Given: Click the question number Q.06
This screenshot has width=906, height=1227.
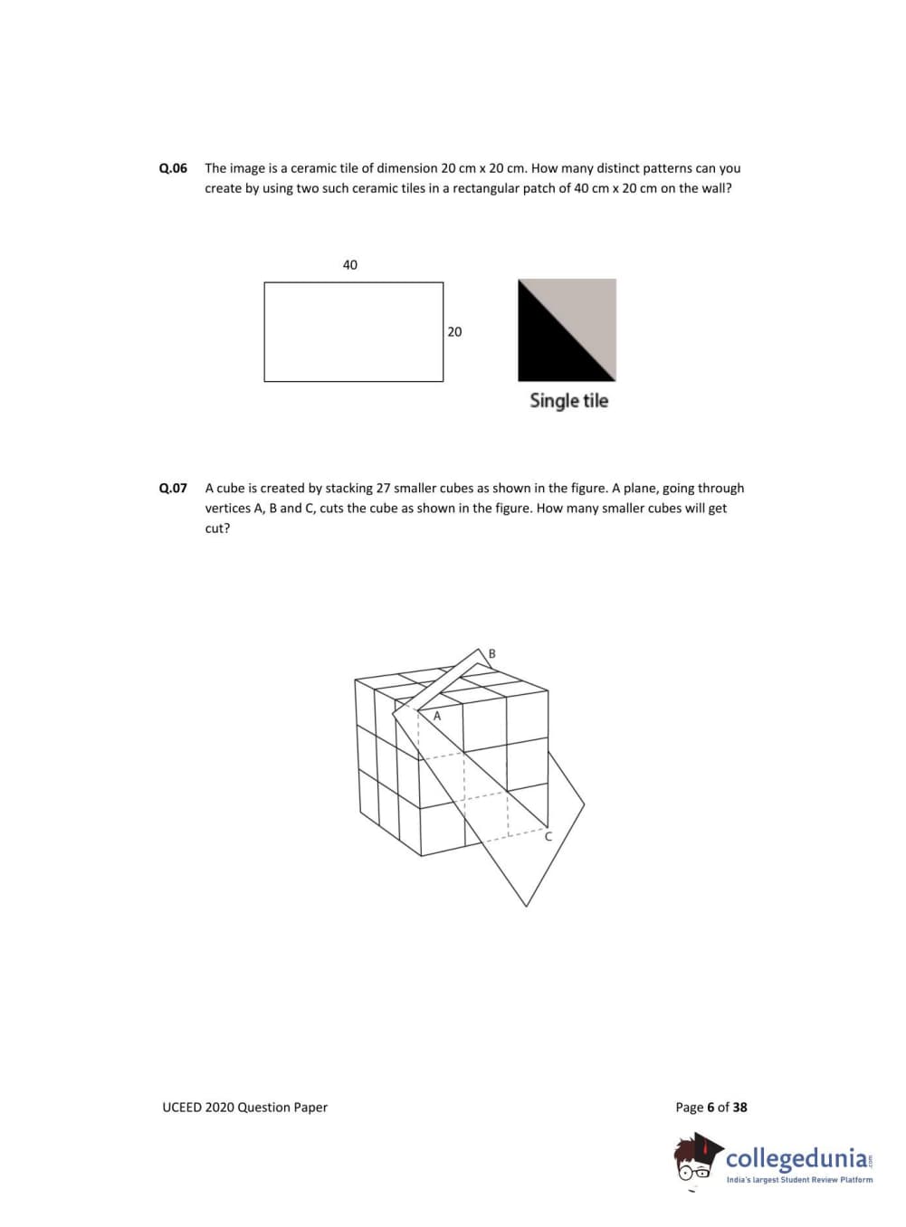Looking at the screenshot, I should click(x=173, y=168).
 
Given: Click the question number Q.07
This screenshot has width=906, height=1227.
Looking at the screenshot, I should click(x=173, y=489).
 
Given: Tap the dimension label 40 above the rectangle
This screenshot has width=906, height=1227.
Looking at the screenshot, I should click(x=350, y=265).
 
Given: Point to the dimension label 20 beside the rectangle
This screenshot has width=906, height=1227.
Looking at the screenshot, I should click(x=454, y=332).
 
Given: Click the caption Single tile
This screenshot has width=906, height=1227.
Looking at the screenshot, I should click(x=568, y=401).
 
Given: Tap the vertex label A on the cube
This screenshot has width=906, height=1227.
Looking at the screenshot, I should click(x=437, y=716).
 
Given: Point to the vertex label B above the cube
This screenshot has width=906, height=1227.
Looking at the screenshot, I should click(x=492, y=653).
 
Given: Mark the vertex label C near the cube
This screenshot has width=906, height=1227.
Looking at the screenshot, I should click(x=548, y=837).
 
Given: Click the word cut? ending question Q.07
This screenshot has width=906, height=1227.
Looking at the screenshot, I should click(x=217, y=528).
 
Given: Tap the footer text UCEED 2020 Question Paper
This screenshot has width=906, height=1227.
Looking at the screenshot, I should click(x=244, y=1108).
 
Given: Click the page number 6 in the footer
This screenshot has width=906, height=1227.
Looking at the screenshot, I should click(x=710, y=1108).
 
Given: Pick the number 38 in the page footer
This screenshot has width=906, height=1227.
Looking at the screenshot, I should click(x=740, y=1108).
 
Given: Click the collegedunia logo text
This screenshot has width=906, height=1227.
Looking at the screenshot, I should click(x=796, y=1158).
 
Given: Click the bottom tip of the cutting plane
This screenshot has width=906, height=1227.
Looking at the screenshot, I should click(x=526, y=905).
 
